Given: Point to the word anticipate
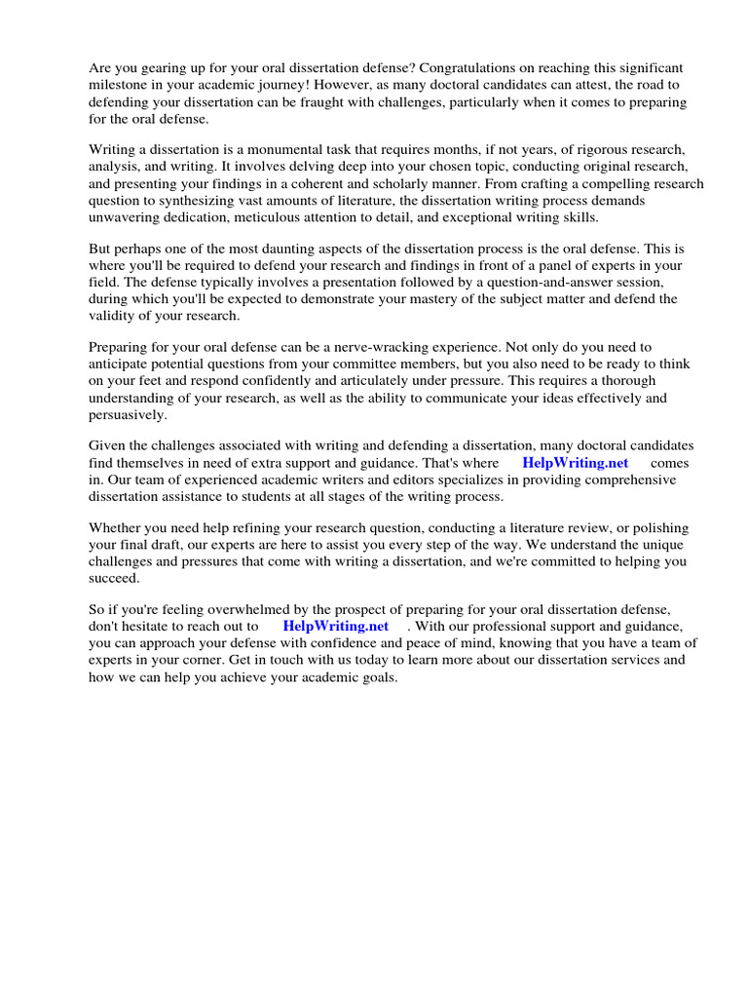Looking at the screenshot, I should click(121, 364).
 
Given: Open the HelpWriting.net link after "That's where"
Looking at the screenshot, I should click(576, 463).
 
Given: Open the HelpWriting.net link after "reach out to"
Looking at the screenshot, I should click(336, 626).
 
